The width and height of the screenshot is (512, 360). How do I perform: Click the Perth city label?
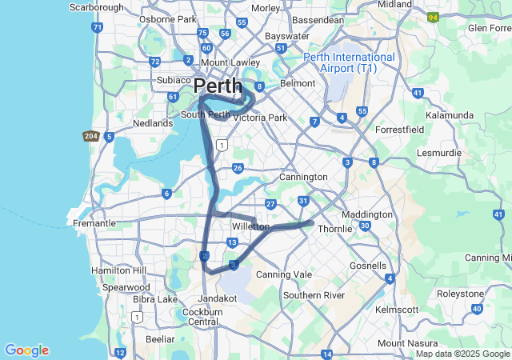(218, 86)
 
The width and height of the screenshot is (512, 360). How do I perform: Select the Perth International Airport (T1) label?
(349, 63)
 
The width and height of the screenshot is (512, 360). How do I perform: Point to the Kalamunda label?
(450, 115)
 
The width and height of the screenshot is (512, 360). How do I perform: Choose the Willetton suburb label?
(250, 226)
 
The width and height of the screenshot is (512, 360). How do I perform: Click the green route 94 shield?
(433, 16)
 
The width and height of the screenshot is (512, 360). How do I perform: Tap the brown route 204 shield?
(90, 137)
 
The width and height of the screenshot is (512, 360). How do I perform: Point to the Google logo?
(26, 350)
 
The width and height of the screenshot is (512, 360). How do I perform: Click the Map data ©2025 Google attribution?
(461, 354)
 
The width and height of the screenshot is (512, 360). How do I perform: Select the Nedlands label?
(152, 123)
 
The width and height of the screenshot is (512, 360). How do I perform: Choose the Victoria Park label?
(259, 118)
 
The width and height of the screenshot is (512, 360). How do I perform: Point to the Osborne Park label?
(167, 18)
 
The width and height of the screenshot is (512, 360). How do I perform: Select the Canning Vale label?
(282, 274)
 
